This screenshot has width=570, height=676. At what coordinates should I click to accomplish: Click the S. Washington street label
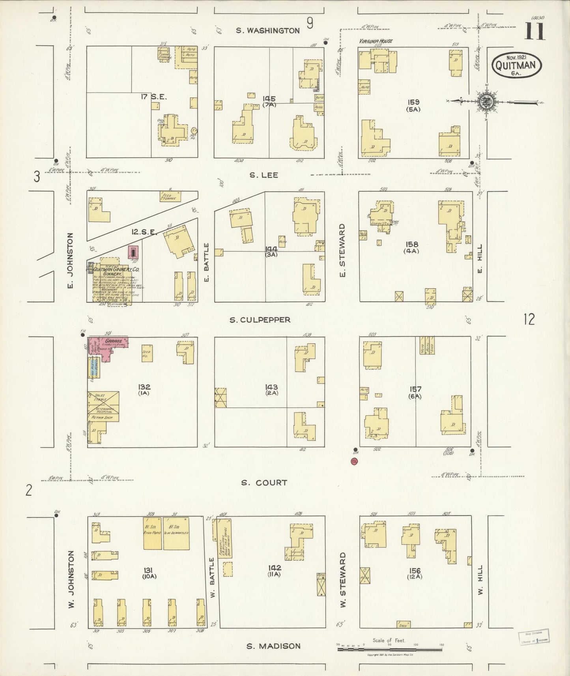coord(268,30)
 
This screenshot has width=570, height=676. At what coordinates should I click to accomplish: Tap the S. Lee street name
coord(264,175)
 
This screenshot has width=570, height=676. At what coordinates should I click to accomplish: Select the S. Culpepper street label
coord(260,320)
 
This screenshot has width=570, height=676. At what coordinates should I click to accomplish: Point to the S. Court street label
coord(263,482)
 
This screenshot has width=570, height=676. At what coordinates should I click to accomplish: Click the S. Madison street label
coord(273,646)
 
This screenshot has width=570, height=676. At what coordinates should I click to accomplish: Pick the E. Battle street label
coord(206,262)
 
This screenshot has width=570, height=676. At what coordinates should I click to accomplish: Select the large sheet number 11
coord(535,32)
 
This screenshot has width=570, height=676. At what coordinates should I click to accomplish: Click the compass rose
coord(483,101)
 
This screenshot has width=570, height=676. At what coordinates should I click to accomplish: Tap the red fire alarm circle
coord(354,461)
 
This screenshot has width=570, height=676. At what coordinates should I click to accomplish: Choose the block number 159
coord(414,102)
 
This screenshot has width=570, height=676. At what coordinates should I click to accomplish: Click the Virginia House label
coord(376,41)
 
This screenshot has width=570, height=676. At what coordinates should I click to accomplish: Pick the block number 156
coord(415,571)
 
